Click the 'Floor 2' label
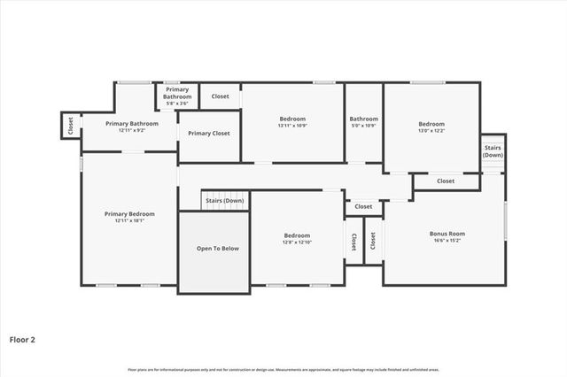coord(22,339)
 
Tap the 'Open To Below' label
coord(217,249)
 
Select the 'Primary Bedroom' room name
coord(129,213)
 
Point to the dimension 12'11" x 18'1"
coord(129,221)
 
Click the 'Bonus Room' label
coord(447,234)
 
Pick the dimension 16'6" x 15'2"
coord(447,241)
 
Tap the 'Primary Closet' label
coord(209,133)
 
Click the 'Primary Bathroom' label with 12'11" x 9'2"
coord(132,123)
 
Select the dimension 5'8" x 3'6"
coord(177,104)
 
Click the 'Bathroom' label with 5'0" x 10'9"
coord(363,119)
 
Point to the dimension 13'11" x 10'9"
coord(292,126)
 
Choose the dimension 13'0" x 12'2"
coord(431,130)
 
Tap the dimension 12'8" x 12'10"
coord(297,242)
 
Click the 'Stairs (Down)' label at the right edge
coord(493,150)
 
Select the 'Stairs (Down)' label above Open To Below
coord(225,201)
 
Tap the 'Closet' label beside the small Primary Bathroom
coord(220,96)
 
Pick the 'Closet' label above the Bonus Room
coord(446,181)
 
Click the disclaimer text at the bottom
coord(283,369)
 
